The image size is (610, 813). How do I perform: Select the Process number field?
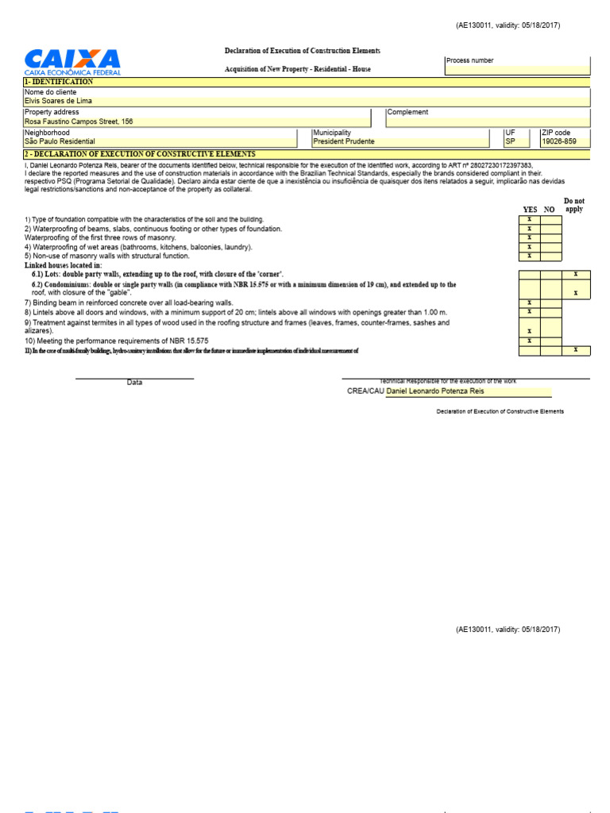pos(517,66)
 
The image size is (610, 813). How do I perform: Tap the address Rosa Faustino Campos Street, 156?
pos(79,121)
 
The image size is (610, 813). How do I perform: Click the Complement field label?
pos(407,112)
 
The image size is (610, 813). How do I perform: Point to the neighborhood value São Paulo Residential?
pos(60,141)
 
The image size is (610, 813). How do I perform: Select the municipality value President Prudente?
pos(344,141)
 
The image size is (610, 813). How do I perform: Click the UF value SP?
pos(511,141)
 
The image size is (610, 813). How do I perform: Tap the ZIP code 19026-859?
pos(559,141)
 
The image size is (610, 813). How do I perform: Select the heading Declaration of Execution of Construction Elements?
pos(302,51)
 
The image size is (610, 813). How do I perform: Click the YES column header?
pos(530,210)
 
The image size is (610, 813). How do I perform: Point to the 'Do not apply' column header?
pos(573,206)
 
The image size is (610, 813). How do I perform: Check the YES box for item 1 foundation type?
pos(529,219)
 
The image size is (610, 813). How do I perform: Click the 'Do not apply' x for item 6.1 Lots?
pos(575,274)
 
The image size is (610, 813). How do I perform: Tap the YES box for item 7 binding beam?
pos(529,302)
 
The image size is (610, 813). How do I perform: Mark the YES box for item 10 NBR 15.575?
pos(529,341)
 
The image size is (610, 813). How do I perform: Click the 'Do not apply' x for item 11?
pos(575,350)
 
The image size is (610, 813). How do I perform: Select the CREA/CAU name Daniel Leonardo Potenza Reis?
pos(434,391)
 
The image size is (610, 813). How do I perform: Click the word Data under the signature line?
pos(135,383)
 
